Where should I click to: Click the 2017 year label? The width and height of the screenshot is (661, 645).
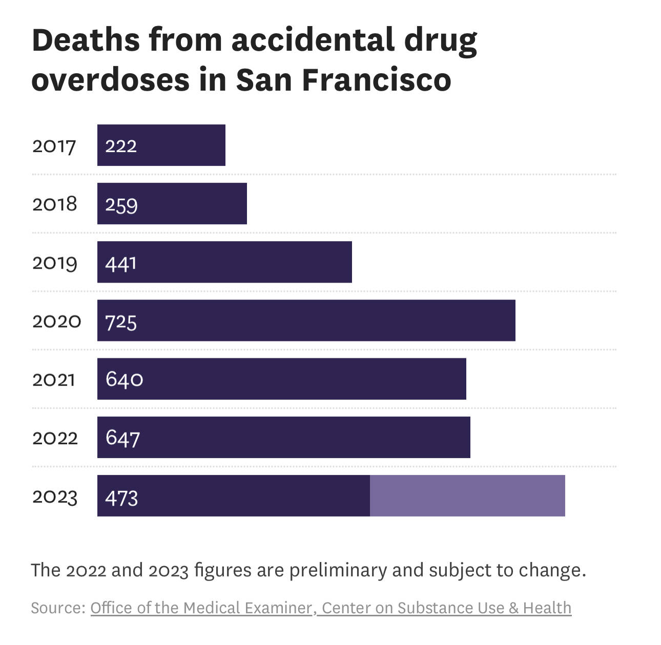click(x=54, y=146)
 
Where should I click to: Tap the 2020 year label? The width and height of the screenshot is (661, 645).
click(x=56, y=321)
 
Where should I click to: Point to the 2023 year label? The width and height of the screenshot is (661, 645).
click(x=55, y=497)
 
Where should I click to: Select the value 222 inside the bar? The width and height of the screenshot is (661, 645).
click(x=121, y=146)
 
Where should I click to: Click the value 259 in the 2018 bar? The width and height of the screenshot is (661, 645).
click(x=121, y=205)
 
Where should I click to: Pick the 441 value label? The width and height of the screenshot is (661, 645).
click(x=121, y=263)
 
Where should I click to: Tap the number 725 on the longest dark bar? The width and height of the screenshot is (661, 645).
click(x=121, y=322)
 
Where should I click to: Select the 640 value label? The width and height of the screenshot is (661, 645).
click(x=124, y=379)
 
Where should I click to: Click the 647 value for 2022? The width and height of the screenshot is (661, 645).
click(x=122, y=438)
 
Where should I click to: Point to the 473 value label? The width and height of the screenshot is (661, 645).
click(x=121, y=498)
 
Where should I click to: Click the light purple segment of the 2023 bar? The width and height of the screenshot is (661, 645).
click(x=467, y=496)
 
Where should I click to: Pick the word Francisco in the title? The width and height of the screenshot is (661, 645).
click(x=376, y=80)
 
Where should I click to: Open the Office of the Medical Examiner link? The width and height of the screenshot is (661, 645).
click(x=201, y=608)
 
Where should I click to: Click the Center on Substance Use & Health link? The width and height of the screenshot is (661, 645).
click(x=446, y=608)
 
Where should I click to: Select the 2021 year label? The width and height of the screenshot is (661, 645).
click(x=54, y=380)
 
